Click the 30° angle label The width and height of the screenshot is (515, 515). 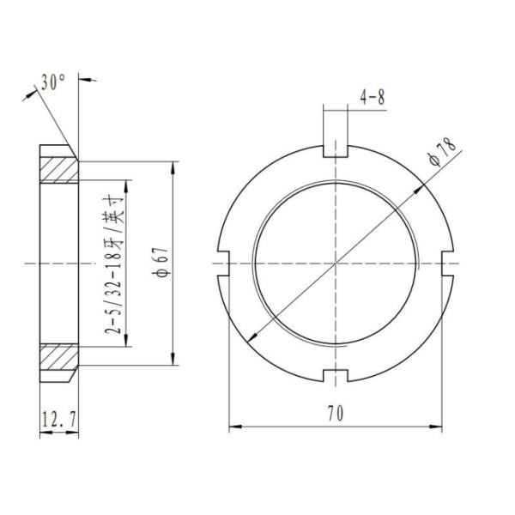[x=52, y=83]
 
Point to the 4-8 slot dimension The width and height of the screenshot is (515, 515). [x=373, y=98]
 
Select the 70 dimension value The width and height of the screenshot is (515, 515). [x=336, y=413]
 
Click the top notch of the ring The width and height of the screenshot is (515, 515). [x=336, y=153]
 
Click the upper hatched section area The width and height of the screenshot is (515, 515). [x=59, y=170]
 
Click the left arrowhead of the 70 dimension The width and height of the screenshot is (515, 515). [x=233, y=425]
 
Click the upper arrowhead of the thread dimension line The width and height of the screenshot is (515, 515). [x=128, y=185]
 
